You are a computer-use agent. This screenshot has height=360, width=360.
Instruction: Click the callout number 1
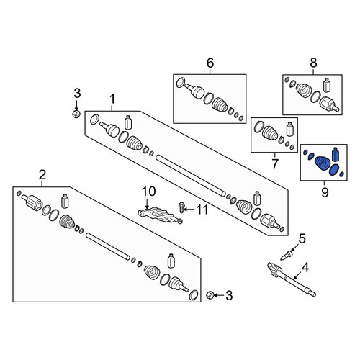coord(112,99)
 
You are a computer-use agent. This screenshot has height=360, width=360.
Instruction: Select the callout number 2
coord(42,175)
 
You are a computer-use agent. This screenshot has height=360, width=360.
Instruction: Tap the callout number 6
coord(210,63)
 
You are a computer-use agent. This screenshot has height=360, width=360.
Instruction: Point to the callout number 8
coord(313,63)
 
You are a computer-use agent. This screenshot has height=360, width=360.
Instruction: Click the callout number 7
coord(275,163)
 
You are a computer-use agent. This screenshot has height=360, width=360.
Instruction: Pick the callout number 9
coord(325,192)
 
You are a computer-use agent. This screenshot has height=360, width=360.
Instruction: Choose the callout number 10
coord(148,192)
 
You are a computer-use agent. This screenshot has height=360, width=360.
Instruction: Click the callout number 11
coord(202,210)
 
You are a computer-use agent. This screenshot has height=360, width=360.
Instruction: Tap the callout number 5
coord(302,239)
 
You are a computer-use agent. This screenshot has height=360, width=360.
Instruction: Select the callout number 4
coord(305,268)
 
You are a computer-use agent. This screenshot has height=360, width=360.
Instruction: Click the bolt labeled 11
coord(181,207)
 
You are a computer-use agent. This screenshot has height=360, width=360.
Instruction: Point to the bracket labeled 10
coord(161,215)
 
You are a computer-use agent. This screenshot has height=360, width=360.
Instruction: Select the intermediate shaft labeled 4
coord(291,279)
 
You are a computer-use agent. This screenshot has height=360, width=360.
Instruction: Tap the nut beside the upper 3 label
coord(76,114)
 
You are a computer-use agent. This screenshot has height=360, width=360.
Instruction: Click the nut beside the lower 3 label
coord(210,295)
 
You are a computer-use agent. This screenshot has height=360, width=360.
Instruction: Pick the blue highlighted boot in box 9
coord(323,163)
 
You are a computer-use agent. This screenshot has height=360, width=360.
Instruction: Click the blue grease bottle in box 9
coord(336,154)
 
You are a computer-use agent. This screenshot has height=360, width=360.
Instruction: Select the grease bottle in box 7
coord(290,129)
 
